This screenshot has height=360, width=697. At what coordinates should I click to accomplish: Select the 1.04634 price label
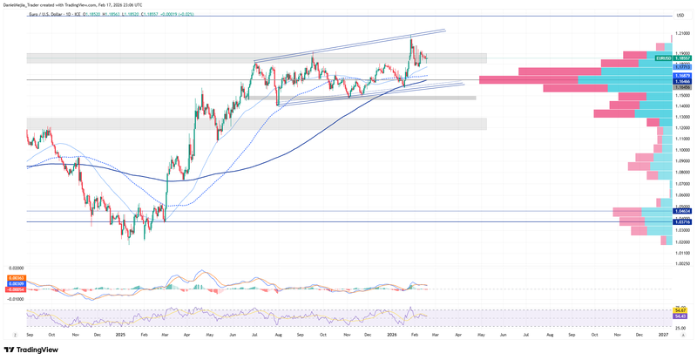(x=682, y=211)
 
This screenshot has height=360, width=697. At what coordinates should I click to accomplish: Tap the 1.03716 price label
(x=682, y=221)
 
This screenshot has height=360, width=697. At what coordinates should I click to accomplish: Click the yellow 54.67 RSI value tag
(x=681, y=309)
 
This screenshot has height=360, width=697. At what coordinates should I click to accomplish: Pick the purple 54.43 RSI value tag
(x=681, y=315)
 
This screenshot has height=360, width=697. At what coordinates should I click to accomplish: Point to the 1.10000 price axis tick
(x=683, y=150)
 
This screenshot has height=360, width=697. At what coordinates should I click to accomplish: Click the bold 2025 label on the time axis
(x=120, y=334)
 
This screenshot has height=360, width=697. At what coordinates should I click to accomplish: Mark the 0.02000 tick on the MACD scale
(x=15, y=268)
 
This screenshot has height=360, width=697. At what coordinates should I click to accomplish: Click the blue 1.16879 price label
(x=682, y=76)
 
